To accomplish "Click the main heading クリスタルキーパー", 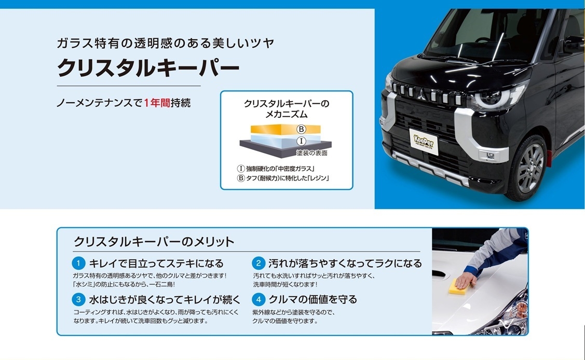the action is tap(148, 68).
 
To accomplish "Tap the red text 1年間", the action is tap(157, 103).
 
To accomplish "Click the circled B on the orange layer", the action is tap(301, 129).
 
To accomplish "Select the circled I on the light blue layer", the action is tap(301, 141).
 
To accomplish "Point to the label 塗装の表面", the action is tap(312, 153).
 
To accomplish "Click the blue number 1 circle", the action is tap(78, 264).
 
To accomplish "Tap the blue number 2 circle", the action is tap(258, 264).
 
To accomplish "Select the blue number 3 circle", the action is tap(78, 299).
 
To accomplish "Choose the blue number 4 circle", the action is tap(258, 299).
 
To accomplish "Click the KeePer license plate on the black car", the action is tap(424, 142).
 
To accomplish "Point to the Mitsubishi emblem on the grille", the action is tap(421, 94).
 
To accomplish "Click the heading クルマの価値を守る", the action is tap(313, 299).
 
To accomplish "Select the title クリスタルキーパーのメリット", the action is tap(154, 242).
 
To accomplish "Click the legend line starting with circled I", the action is tap(276, 169).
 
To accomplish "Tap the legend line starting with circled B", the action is tap(283, 178).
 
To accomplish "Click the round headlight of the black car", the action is tap(489, 99).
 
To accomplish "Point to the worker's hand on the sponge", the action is tap(465, 280).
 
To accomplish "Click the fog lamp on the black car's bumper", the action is tap(490, 156).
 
